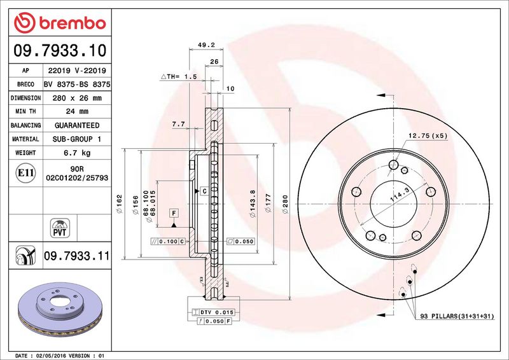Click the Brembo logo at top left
[60, 23]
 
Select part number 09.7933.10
[60, 51]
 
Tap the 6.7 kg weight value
[77, 153]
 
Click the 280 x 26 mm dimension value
[77, 98]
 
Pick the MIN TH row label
[25, 111]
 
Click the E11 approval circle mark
[25, 173]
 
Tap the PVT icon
[60, 228]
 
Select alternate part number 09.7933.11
[77, 256]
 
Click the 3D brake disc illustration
[60, 309]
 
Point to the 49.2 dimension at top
[206, 45]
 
